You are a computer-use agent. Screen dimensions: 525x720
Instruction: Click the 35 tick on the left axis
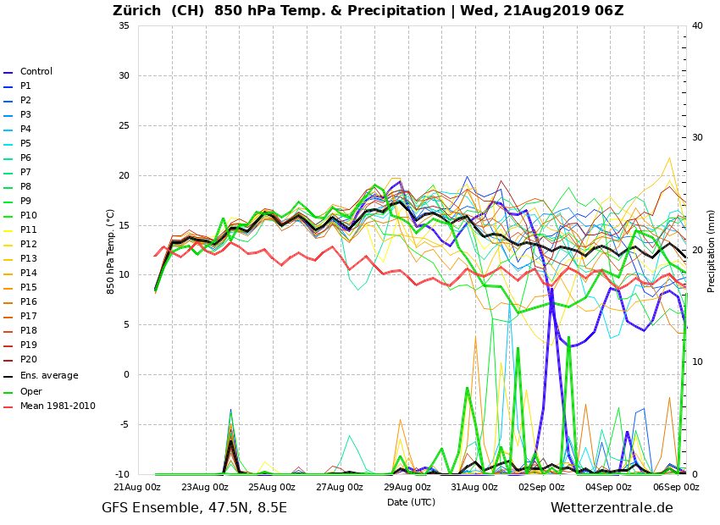click(124, 26)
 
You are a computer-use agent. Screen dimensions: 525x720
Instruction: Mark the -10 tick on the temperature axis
click(121, 475)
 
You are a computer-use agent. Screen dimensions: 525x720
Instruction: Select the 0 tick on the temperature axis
click(126, 375)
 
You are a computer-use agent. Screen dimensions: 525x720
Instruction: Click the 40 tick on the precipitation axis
click(697, 26)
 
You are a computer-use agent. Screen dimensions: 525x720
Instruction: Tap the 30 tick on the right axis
click(697, 138)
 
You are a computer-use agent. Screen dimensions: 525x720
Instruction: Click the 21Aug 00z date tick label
click(138, 488)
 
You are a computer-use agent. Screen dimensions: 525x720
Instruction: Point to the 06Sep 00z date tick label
click(675, 488)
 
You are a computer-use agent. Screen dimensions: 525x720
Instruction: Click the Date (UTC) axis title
click(411, 502)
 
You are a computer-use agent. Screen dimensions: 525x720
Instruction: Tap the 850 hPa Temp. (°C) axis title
click(111, 251)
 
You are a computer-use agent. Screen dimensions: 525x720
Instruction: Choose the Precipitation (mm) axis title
click(712, 251)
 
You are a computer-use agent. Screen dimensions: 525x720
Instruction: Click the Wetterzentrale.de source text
click(612, 508)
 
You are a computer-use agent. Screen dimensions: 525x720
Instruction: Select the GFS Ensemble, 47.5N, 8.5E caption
click(194, 508)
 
